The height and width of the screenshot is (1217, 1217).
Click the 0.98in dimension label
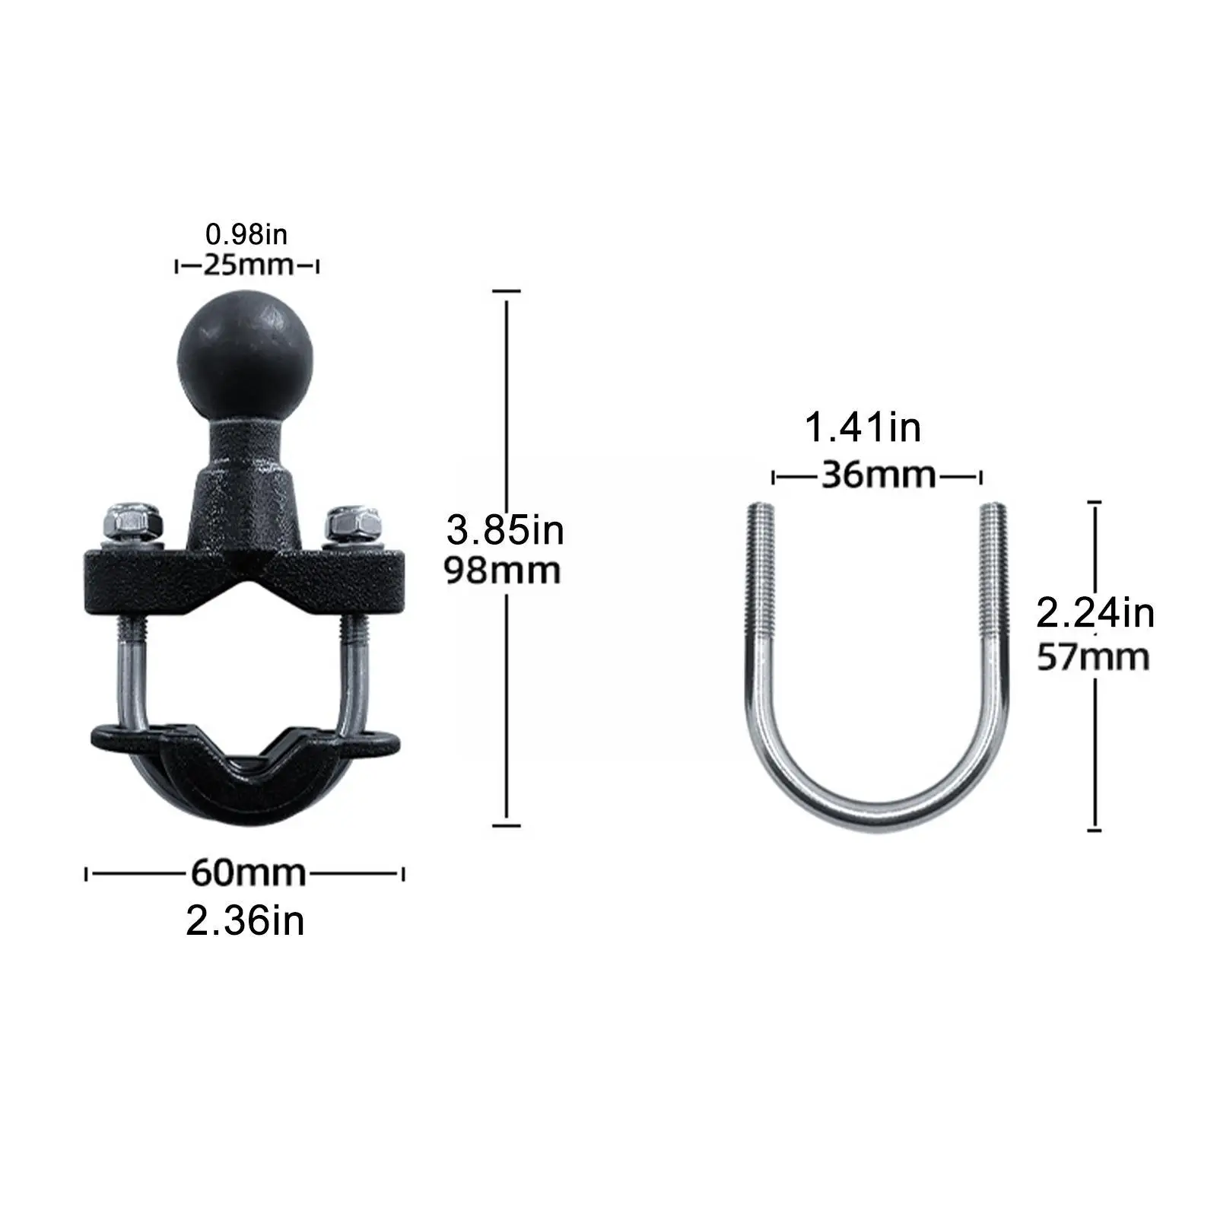(246, 234)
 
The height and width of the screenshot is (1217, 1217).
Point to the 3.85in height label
(505, 530)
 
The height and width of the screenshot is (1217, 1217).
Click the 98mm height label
(503, 570)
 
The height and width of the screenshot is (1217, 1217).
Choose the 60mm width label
(247, 872)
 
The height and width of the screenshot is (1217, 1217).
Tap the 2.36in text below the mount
(245, 920)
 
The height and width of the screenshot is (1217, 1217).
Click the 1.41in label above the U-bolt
(863, 427)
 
